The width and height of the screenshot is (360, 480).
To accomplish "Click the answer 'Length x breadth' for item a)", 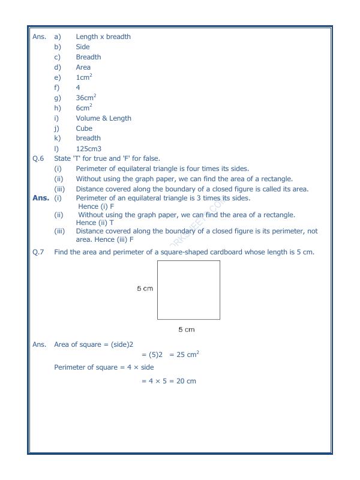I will tap(103, 37).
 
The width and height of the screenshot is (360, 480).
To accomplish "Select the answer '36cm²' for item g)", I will tap(87, 97).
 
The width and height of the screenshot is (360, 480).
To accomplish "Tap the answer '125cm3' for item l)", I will tap(89, 148).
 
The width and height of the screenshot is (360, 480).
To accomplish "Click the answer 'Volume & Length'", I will tap(103, 118).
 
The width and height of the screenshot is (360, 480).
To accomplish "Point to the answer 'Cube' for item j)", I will tap(84, 128).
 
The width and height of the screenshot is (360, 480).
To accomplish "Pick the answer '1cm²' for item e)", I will tap(84, 77).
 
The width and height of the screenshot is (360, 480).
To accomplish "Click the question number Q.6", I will tap(38, 158).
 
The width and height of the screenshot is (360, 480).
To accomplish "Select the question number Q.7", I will tap(38, 252).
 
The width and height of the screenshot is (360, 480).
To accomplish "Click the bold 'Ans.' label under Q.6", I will tap(40, 197).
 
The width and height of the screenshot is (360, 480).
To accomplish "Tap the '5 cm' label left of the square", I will tap(145, 289).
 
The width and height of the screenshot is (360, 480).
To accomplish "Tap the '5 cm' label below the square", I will tap(187, 329).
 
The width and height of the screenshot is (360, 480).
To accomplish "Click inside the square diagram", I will tap(188, 290).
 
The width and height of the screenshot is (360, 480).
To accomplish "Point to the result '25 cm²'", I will tap(184, 355).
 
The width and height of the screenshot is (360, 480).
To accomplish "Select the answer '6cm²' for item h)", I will tap(84, 107).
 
